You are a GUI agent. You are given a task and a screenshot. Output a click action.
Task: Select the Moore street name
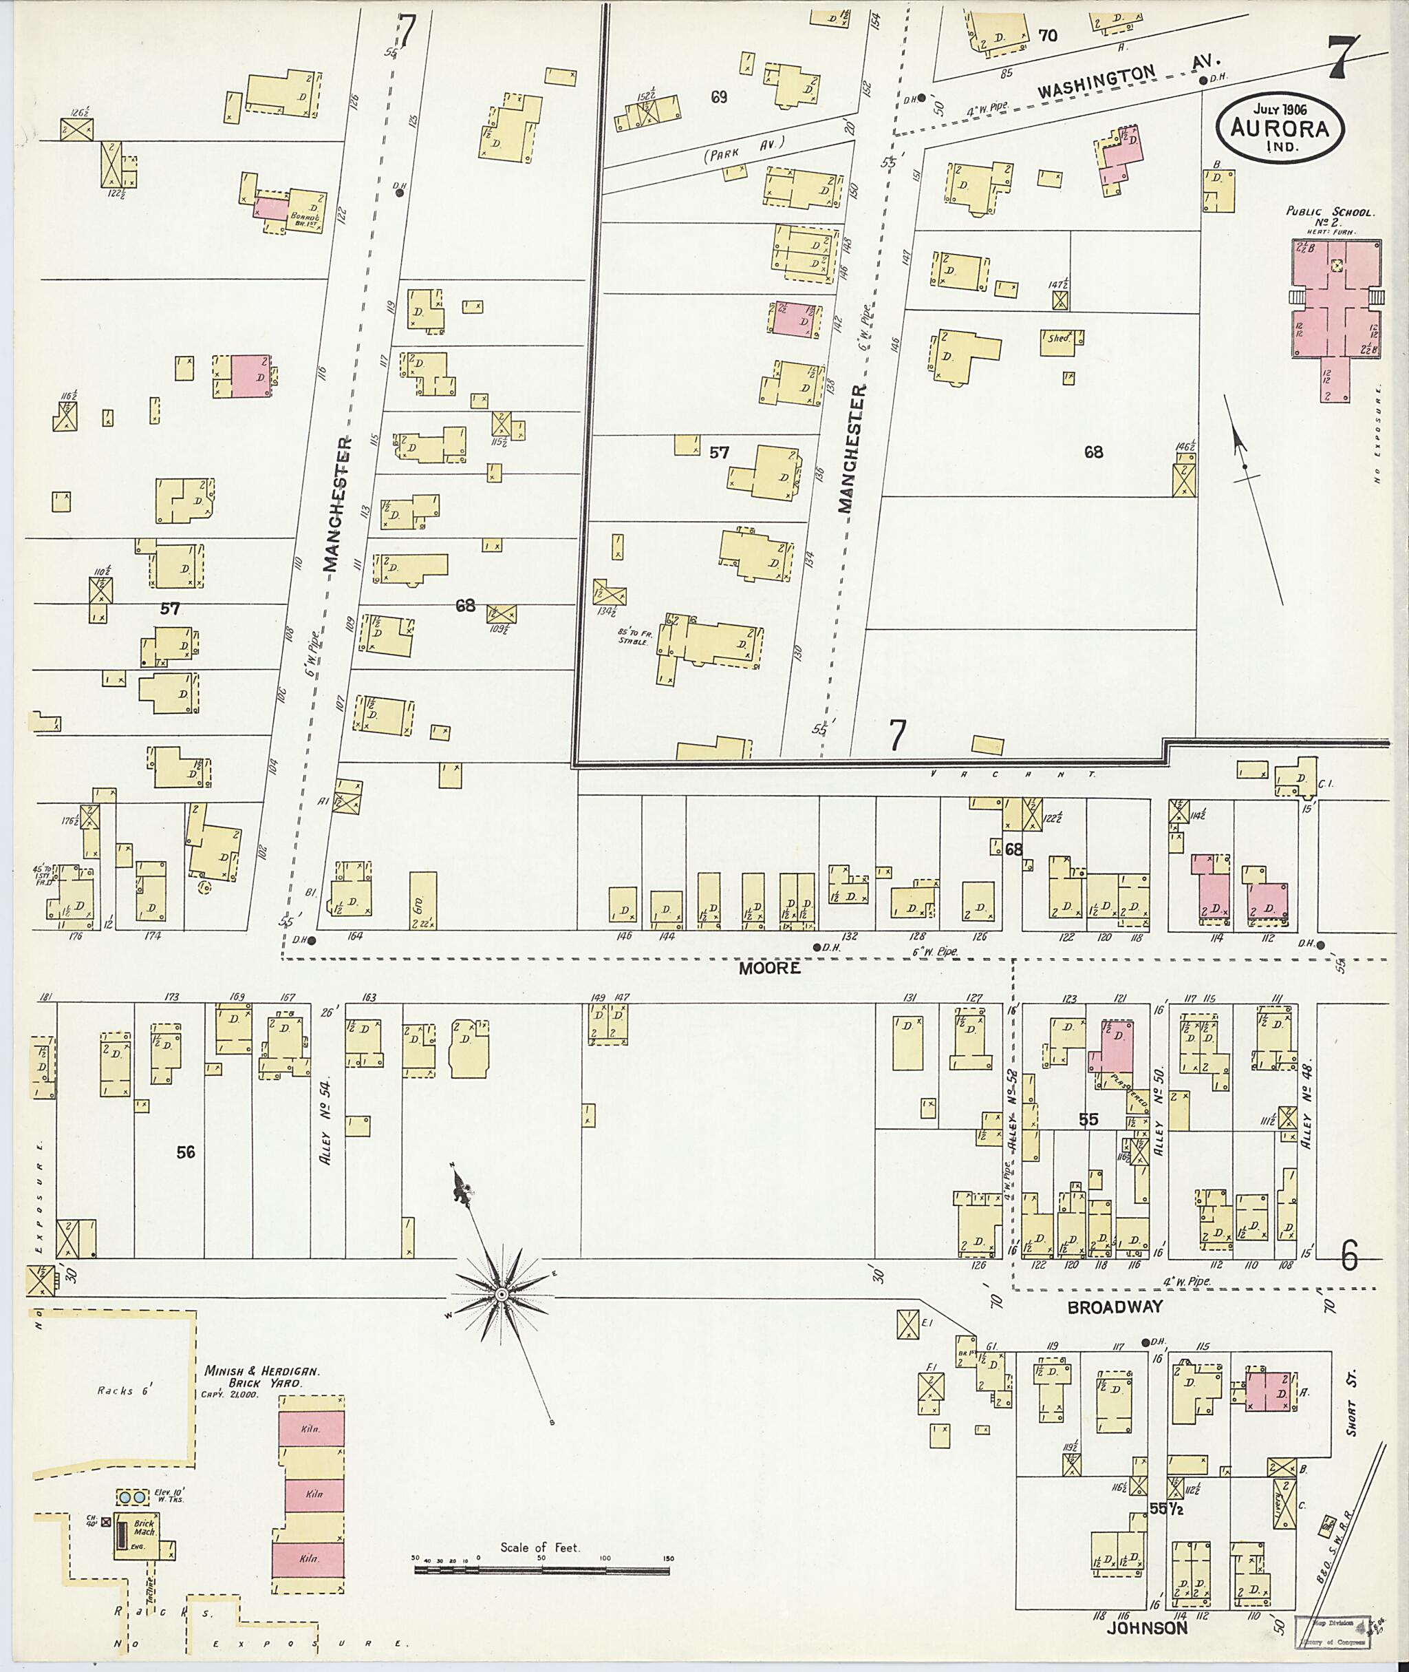click(x=769, y=968)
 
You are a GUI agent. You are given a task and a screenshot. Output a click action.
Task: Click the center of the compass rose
click(x=501, y=1295)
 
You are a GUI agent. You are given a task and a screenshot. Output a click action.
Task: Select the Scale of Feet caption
click(x=540, y=1547)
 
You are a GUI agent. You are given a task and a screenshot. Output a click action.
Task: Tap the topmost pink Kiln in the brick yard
click(x=312, y=1428)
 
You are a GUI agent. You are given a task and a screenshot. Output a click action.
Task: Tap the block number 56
click(x=185, y=1152)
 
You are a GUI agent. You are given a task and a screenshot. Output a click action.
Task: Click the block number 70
click(x=1047, y=35)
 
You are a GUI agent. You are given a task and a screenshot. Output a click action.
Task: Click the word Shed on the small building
click(x=1058, y=338)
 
